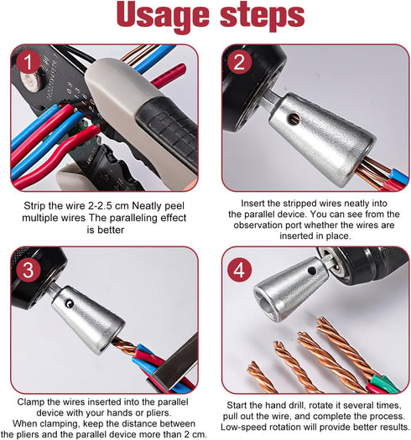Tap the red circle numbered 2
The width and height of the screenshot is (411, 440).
tap(239, 61)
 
